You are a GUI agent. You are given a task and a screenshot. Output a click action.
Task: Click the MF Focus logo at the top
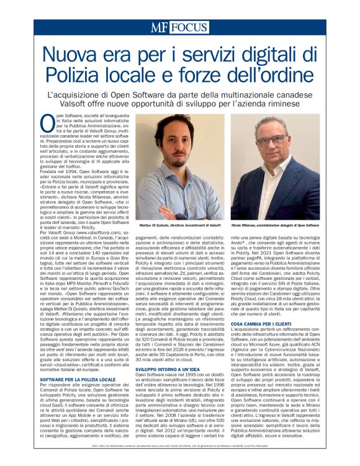(x=179, y=27)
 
